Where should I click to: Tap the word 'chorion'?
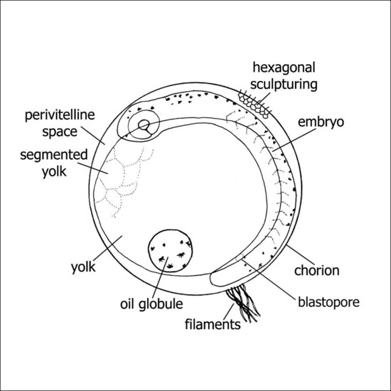[x=319, y=270]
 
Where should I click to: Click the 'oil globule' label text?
[x=150, y=304]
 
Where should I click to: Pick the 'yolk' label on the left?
[x=84, y=269]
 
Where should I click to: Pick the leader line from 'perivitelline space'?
[x=93, y=133]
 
